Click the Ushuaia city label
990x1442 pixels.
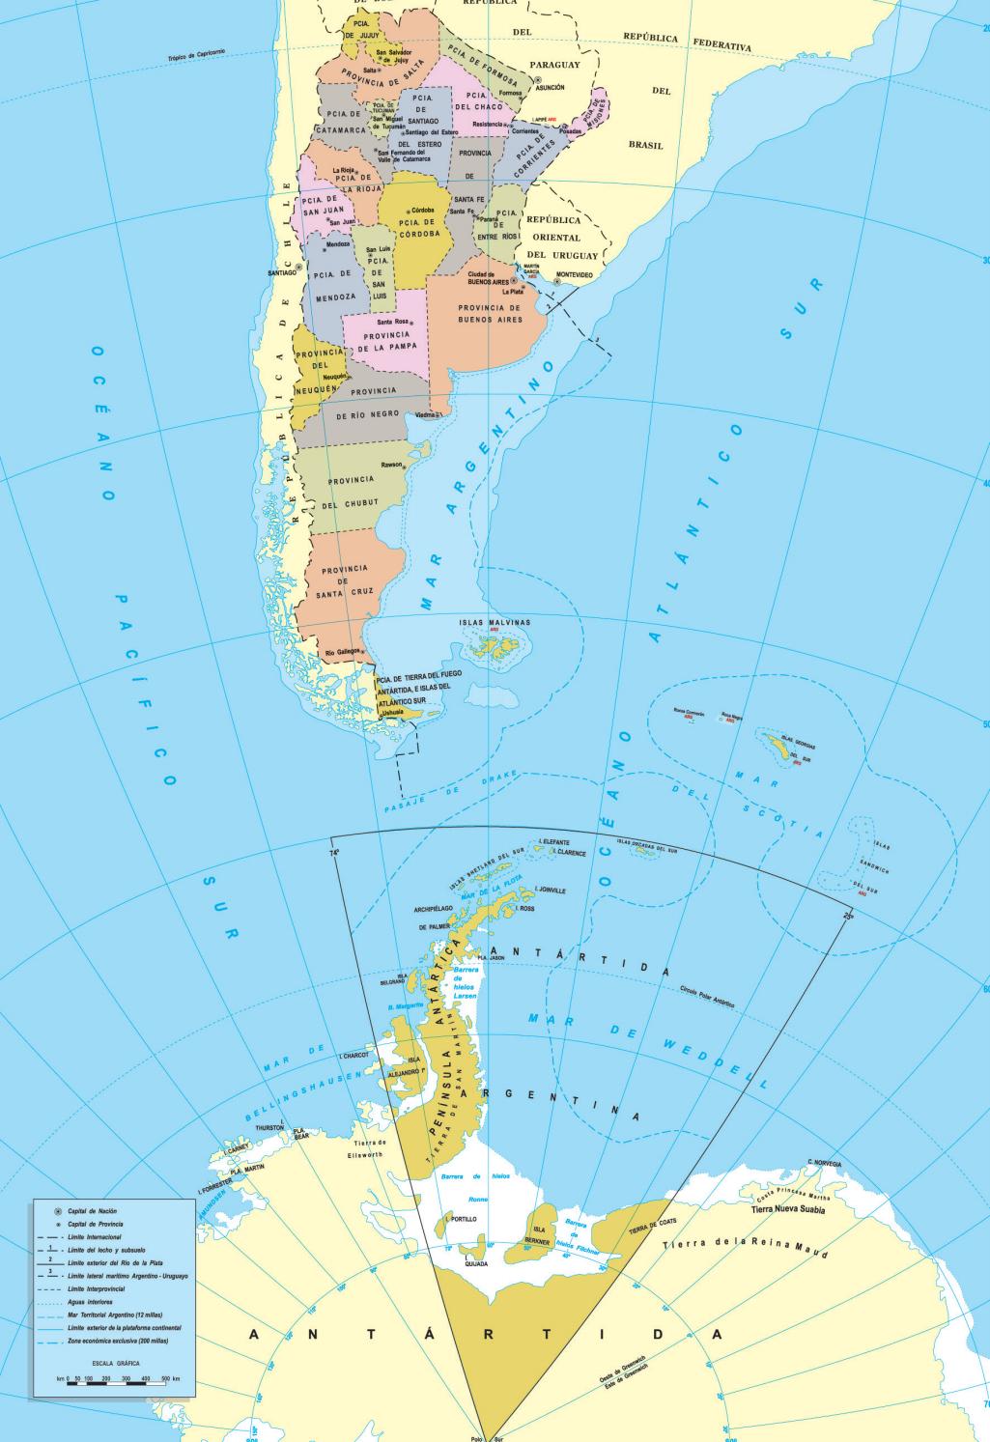click(x=392, y=713)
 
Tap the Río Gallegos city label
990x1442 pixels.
click(x=343, y=653)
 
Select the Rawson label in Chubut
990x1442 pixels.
click(x=390, y=465)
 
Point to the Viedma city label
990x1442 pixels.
click(x=426, y=415)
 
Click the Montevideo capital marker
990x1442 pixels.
click(x=557, y=282)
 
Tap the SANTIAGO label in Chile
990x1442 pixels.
click(x=281, y=272)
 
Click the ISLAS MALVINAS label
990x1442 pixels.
click(x=495, y=623)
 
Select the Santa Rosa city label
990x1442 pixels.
click(x=392, y=321)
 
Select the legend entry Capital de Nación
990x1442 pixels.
click(x=92, y=1210)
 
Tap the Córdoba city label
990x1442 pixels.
click(x=422, y=210)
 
